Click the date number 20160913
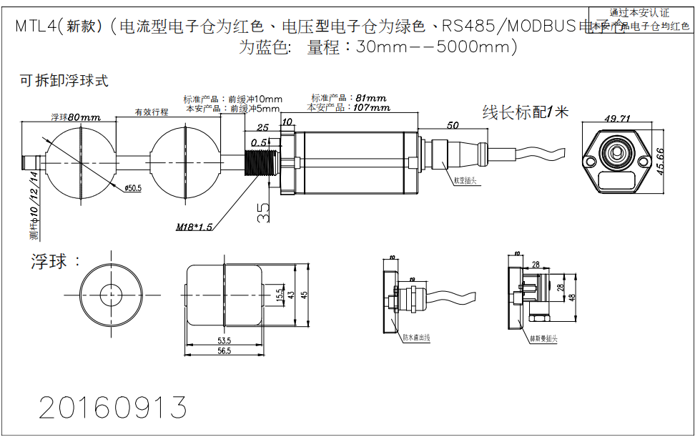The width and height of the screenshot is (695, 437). click(112, 407)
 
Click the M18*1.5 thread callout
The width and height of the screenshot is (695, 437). click(194, 227)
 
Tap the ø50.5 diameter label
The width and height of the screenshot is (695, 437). click(133, 188)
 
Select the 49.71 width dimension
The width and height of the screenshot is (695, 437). click(617, 118)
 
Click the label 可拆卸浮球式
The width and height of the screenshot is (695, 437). click(64, 80)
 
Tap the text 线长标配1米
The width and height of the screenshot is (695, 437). click(525, 112)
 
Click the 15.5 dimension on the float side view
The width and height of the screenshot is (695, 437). click(279, 294)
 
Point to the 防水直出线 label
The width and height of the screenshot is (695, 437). click(415, 338)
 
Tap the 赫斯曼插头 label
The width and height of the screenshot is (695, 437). click(543, 338)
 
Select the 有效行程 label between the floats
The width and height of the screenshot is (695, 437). click(152, 112)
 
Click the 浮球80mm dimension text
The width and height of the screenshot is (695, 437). click(75, 117)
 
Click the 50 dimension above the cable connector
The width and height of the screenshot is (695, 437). click(452, 125)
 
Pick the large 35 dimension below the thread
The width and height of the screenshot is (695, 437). click(265, 211)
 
